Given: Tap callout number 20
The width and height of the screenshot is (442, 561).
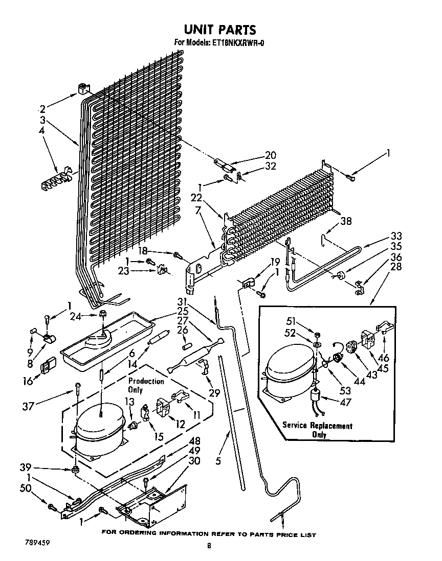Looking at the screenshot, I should pos(270,156).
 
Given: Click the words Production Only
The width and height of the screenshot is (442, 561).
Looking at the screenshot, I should pos(146,386).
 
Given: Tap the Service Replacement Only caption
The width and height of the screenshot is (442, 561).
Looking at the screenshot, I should pos(318,430).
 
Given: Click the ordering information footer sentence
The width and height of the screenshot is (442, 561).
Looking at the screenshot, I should pos(209,534).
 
